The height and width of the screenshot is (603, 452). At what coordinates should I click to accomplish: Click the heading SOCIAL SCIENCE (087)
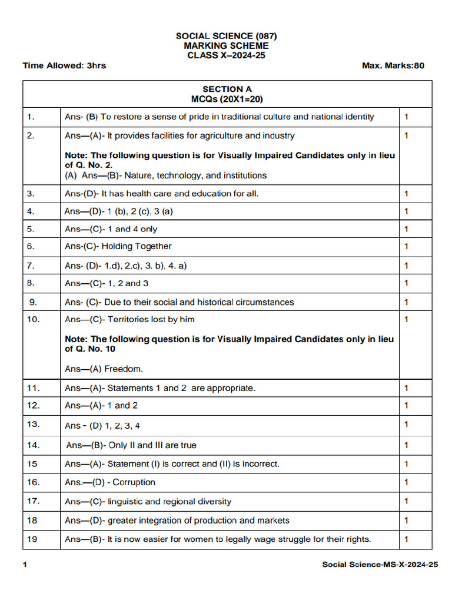pyautogui.click(x=226, y=36)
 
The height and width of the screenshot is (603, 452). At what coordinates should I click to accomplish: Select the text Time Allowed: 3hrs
pyautogui.click(x=64, y=65)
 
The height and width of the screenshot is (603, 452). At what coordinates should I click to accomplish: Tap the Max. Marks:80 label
pyautogui.click(x=393, y=65)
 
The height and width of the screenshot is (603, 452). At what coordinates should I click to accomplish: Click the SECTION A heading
pyautogui.click(x=227, y=90)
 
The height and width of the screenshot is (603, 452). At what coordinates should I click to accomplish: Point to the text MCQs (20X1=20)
pyautogui.click(x=227, y=100)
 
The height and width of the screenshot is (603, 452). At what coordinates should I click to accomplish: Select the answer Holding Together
pyautogui.click(x=137, y=246)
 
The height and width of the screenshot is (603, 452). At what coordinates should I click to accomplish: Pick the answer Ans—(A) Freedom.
pyautogui.click(x=104, y=369)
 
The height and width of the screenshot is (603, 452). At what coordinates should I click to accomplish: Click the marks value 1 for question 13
pyautogui.click(x=406, y=425)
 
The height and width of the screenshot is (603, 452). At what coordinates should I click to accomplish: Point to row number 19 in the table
pyautogui.click(x=32, y=539)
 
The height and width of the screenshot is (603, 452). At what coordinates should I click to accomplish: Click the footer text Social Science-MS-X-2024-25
pyautogui.click(x=380, y=565)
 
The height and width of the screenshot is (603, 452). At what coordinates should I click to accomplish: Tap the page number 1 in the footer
pyautogui.click(x=25, y=565)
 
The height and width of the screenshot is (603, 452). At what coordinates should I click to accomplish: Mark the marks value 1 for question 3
pyautogui.click(x=406, y=193)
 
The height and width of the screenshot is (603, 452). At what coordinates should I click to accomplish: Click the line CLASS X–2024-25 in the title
pyautogui.click(x=226, y=55)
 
